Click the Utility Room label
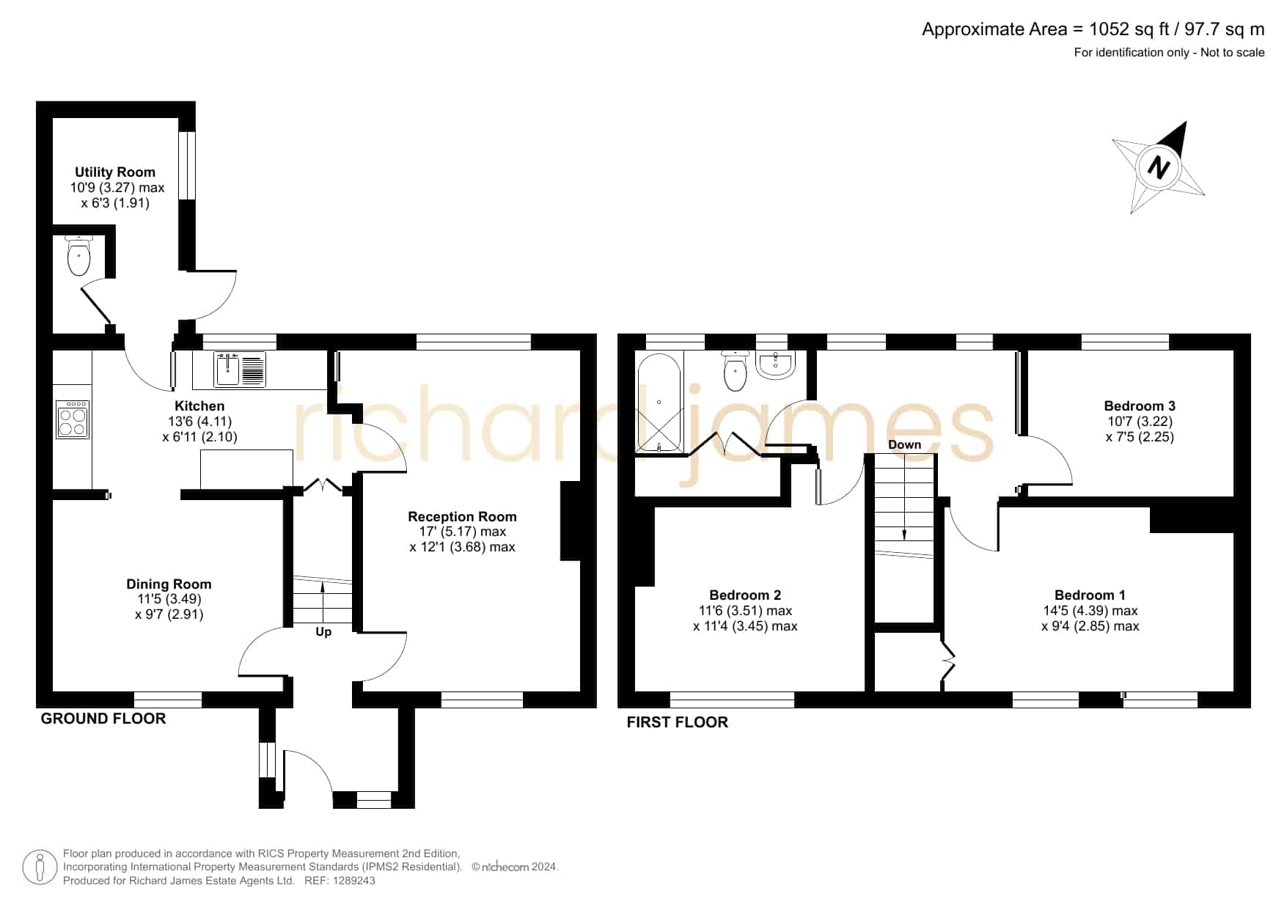pos(115,172)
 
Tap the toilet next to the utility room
pos(78,255)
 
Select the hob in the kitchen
pos(73,419)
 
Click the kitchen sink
pos(240,369)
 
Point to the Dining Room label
pos(169,584)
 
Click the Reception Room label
pos(462,517)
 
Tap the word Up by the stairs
pos(323,632)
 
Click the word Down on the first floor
pos(904,445)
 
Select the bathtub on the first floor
pos(660,403)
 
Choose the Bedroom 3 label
pos(1140,406)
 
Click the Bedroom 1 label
pos(1090,595)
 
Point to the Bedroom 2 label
pos(745,595)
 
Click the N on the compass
pos(1159,168)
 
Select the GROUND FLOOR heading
pos(103,719)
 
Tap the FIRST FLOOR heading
pos(678,722)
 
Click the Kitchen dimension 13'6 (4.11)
pos(200,422)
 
